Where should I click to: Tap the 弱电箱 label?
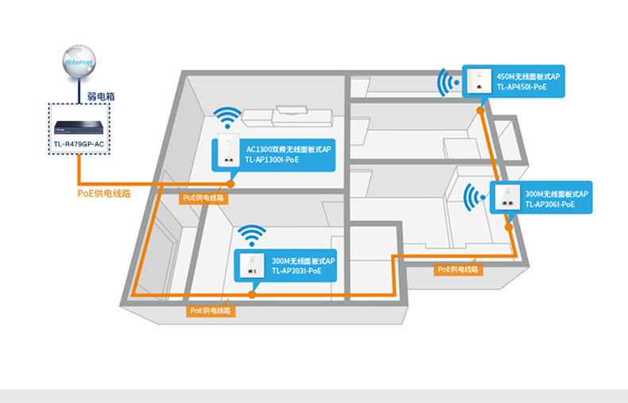(x=100, y=96)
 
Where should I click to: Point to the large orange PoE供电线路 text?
(x=104, y=193)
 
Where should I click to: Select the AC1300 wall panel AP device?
(x=228, y=152)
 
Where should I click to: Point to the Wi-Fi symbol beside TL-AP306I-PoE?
(x=476, y=196)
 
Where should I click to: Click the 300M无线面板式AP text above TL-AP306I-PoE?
(x=556, y=193)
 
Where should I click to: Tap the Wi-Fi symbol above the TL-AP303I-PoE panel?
(x=253, y=236)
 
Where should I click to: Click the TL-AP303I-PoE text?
(x=297, y=270)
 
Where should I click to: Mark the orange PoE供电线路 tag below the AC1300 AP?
(x=204, y=197)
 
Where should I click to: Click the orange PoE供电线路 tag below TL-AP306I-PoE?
(x=459, y=270)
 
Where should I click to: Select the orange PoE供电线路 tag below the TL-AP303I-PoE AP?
(x=212, y=311)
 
